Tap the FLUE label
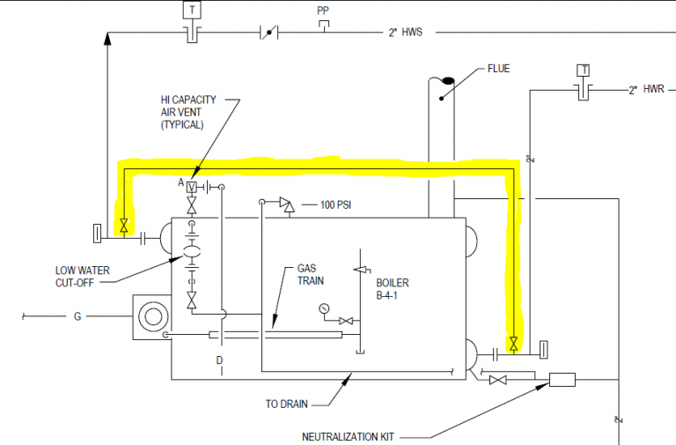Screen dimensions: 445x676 click(x=497, y=68)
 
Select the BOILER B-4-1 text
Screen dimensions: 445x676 click(x=393, y=290)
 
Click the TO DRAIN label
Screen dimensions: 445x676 click(x=286, y=404)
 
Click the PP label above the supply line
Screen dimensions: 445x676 click(x=323, y=11)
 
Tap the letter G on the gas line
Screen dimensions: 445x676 click(x=77, y=315)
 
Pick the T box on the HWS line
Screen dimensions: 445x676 click(x=190, y=11)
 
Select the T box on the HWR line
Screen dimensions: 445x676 click(x=582, y=70)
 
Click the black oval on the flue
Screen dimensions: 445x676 click(x=447, y=81)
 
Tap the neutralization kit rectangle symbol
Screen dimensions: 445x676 click(x=561, y=380)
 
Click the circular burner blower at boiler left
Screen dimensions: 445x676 click(x=154, y=316)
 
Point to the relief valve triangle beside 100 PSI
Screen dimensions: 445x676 click(x=286, y=203)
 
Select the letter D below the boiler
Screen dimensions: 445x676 click(x=220, y=360)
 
